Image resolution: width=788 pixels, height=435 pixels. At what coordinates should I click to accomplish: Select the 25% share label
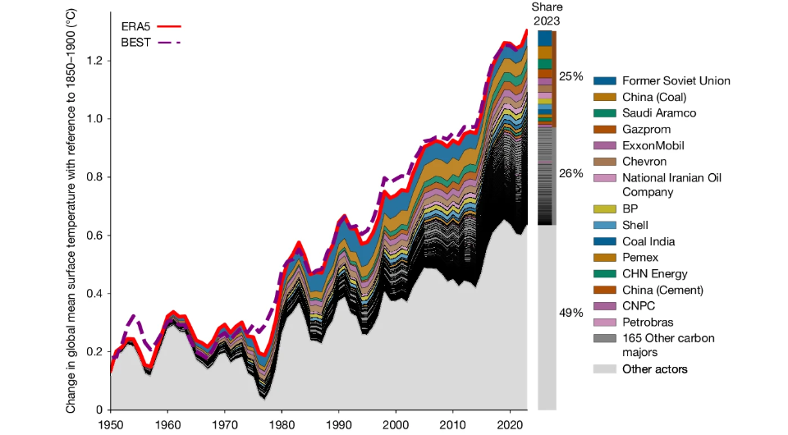click(571, 76)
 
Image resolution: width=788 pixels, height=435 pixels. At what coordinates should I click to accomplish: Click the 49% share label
click(571, 313)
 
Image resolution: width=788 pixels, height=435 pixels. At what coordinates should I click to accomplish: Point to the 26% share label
click(571, 173)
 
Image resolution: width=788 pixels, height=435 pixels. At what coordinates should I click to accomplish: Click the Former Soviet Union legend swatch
click(604, 80)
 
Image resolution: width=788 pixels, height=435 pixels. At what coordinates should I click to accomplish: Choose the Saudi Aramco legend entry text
click(659, 113)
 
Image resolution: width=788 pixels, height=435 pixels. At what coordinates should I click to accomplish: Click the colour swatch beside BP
click(604, 209)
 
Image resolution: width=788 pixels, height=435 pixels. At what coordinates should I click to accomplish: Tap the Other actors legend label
click(654, 369)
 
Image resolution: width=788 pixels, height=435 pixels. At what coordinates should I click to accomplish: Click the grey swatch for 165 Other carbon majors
click(604, 337)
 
